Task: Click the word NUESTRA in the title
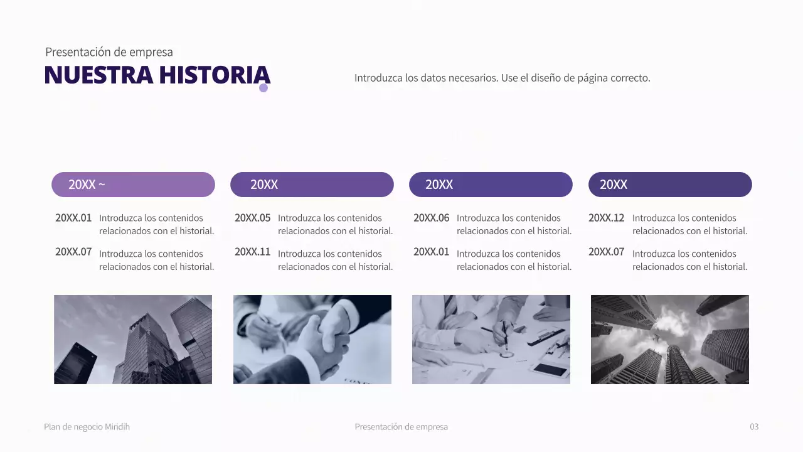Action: (98, 75)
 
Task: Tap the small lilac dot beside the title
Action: (263, 88)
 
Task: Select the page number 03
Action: (754, 427)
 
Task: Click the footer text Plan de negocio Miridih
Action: (87, 427)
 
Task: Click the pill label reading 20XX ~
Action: (87, 185)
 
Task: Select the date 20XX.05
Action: (252, 218)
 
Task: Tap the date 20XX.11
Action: (252, 252)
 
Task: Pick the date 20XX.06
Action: (431, 218)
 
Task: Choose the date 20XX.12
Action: (606, 218)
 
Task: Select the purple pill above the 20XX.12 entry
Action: (670, 185)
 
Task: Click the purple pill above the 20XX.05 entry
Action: (312, 185)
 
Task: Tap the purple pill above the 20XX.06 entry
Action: (491, 185)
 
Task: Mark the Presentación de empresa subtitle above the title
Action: (109, 52)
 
